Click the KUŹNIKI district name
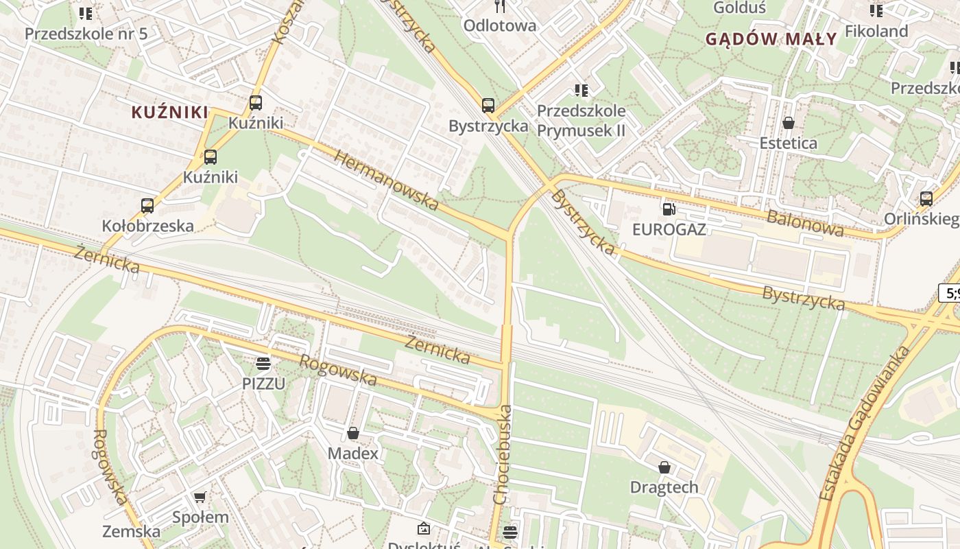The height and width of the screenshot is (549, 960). (169, 112)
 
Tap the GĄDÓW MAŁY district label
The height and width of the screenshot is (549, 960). (771, 38)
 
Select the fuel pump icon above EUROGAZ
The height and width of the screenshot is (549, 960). (669, 209)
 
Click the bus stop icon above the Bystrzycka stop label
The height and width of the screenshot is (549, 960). (488, 106)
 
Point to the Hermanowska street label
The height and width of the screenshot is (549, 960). (386, 180)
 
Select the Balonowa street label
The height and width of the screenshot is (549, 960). (805, 223)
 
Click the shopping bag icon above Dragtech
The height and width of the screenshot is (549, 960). (664, 467)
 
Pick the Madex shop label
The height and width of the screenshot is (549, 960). (352, 454)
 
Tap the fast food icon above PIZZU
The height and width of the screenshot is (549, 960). (263, 363)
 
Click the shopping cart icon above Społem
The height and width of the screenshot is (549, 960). (200, 497)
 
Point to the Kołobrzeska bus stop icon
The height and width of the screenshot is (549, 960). (147, 205)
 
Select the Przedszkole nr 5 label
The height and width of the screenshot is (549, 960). (86, 34)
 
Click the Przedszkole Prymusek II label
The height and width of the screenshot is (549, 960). (581, 120)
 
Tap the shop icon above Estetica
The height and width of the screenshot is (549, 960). (789, 123)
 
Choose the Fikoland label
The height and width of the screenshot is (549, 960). (876, 31)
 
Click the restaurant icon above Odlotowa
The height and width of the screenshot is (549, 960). (500, 6)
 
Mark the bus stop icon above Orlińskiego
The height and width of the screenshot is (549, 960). (926, 199)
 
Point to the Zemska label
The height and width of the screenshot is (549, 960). (131, 531)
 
